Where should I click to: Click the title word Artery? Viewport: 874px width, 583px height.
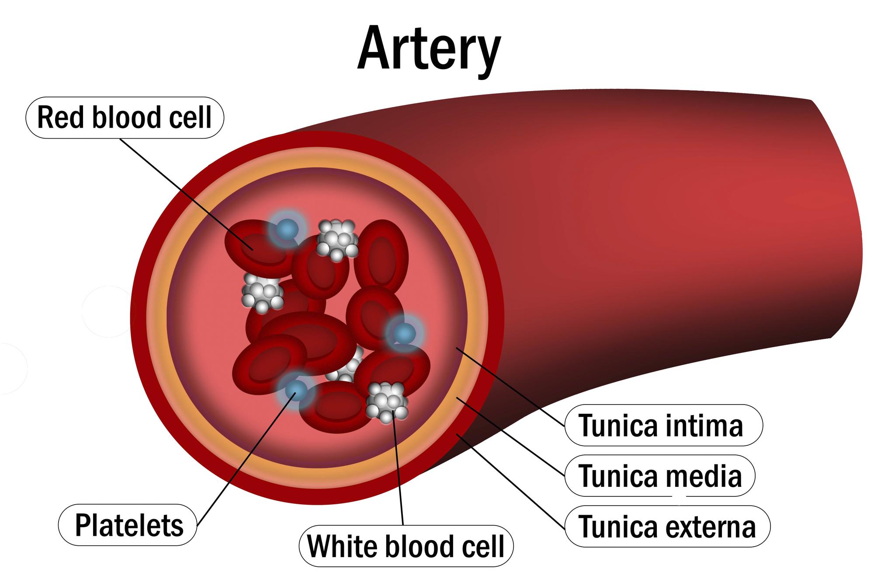point(428,49)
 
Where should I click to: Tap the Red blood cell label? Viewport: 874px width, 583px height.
point(125,118)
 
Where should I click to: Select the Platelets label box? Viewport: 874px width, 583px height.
point(128,525)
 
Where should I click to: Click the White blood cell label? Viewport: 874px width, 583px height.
point(406,546)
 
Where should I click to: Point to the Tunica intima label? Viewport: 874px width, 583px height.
point(663,425)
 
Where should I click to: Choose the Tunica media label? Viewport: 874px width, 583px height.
point(660,475)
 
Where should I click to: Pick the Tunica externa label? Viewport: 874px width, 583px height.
point(667,526)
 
